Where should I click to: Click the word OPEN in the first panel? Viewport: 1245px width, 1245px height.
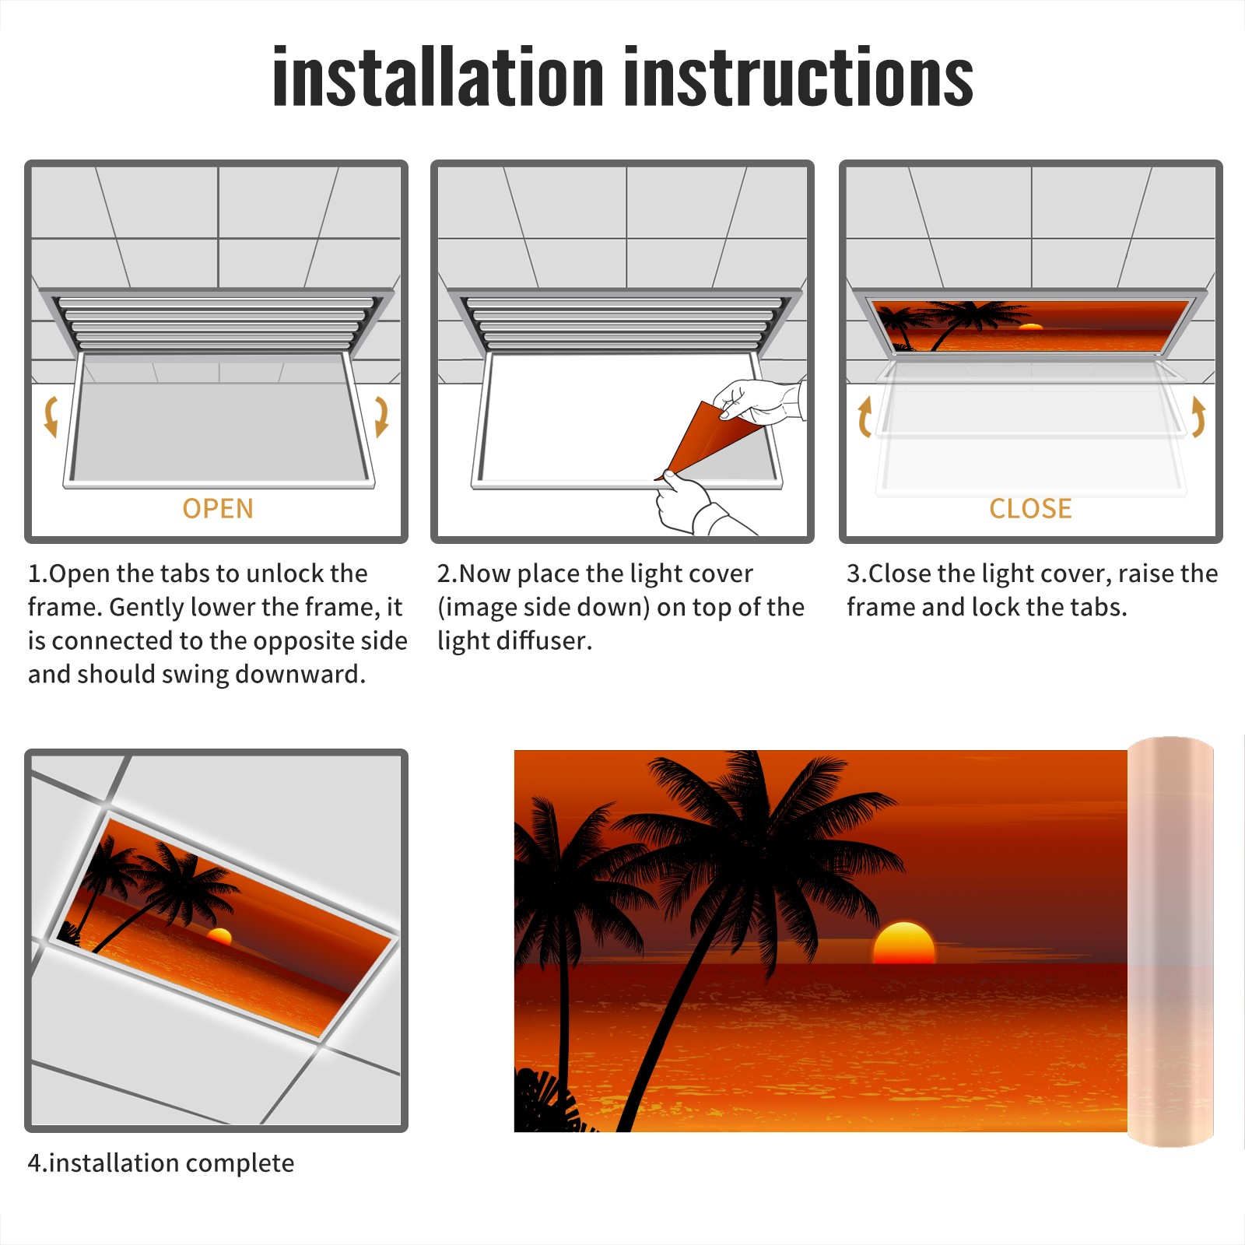[218, 509]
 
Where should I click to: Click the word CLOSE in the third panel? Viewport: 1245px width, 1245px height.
[1030, 509]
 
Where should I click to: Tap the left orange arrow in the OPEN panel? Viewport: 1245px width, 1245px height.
[51, 416]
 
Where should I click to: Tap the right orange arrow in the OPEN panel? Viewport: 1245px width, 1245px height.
[381, 416]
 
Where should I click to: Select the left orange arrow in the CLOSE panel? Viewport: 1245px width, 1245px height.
[864, 416]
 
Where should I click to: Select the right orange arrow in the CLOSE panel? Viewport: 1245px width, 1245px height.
[1198, 416]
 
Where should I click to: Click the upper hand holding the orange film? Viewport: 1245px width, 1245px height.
[759, 402]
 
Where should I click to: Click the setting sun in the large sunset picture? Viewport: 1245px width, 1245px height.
[903, 943]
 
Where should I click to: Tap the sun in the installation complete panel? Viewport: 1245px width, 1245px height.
[219, 936]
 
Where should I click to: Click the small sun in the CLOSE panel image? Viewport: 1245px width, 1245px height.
[1030, 327]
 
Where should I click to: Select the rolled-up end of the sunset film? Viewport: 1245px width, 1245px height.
[1170, 942]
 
